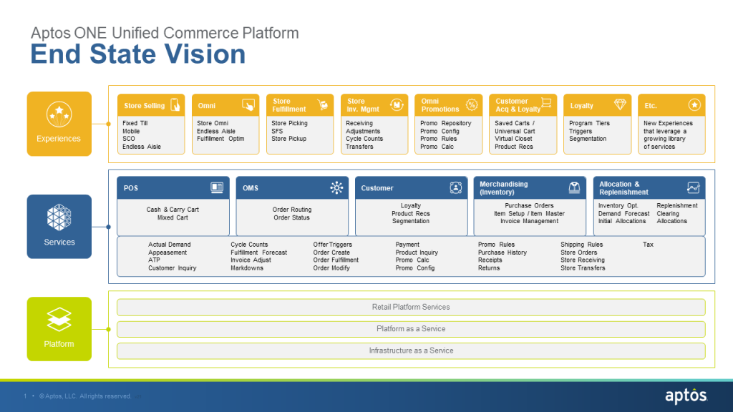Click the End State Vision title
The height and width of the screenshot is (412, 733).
[x=138, y=55]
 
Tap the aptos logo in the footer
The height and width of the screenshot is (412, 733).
[x=685, y=396]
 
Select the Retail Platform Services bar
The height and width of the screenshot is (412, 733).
[x=411, y=307]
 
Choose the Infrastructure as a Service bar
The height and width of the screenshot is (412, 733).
[x=411, y=350]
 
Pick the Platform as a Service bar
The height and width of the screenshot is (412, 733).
[x=411, y=329]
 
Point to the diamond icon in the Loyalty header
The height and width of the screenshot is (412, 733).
[x=619, y=105]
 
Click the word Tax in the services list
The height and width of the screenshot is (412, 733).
[x=648, y=245]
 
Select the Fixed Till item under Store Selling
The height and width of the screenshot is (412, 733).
[x=135, y=123]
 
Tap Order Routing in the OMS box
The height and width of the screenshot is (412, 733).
[x=292, y=210]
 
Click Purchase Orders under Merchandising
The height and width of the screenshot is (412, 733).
[x=529, y=206]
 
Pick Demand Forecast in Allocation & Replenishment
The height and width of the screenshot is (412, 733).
[x=623, y=214]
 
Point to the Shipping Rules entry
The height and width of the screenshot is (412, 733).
[x=581, y=245]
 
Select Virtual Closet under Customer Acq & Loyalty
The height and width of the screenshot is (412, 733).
[x=513, y=139]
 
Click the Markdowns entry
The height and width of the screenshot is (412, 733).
[x=247, y=268]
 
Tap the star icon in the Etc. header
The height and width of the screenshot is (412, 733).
[x=694, y=105]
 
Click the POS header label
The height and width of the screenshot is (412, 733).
[x=131, y=188]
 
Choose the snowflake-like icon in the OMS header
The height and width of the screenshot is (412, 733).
[x=336, y=188]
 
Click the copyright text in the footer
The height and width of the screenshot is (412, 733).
[x=85, y=396]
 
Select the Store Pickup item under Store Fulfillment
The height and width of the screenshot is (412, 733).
[x=288, y=139]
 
